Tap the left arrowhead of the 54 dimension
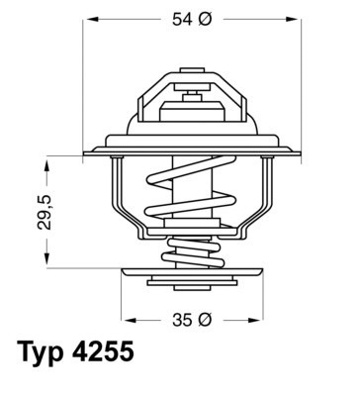coord(87,20)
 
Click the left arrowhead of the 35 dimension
coord(125,322)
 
